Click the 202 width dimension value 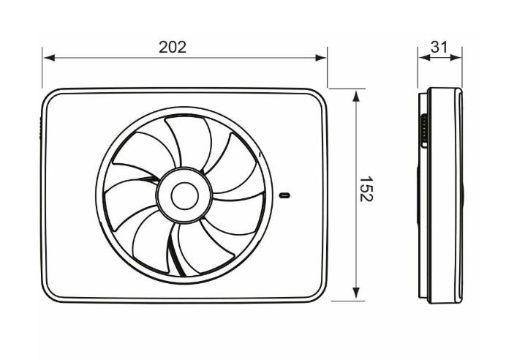173,47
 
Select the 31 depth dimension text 439,47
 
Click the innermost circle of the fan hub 184,195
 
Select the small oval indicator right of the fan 285,195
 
